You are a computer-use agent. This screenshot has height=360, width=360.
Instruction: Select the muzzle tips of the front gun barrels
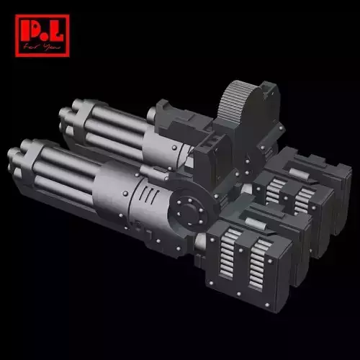coord(17,160)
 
